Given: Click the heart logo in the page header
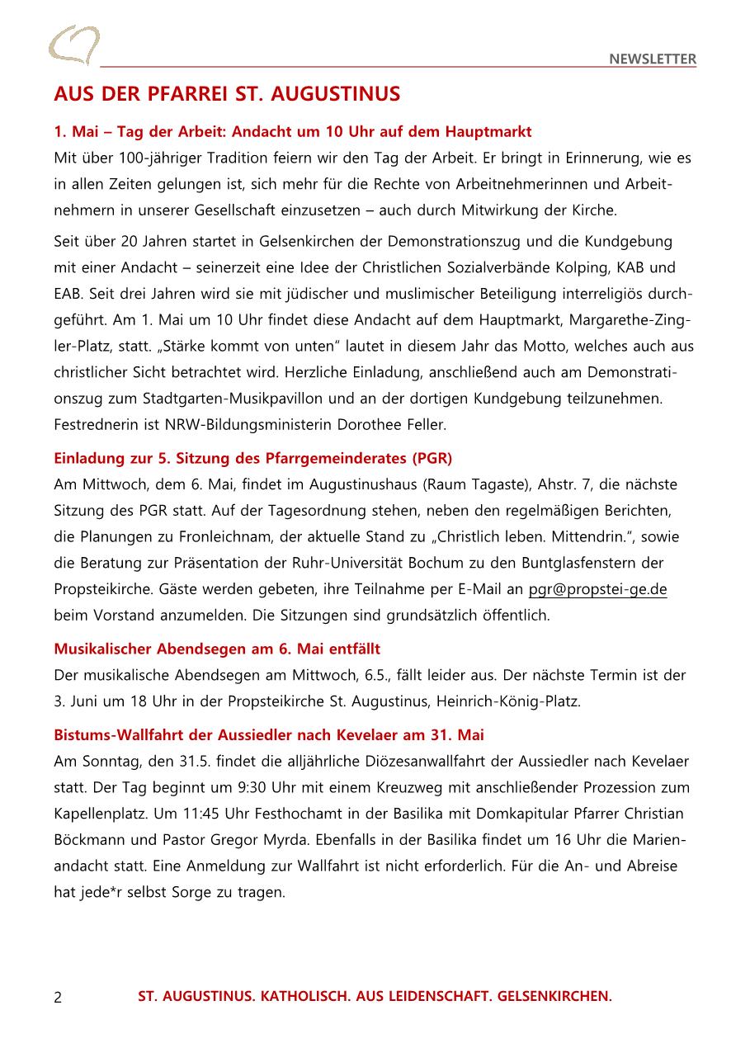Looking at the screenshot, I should pyautogui.click(x=73, y=45).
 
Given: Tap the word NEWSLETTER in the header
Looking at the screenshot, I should pyautogui.click(x=653, y=59).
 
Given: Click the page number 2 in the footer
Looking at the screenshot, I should pyautogui.click(x=58, y=997).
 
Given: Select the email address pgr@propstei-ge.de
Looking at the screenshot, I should pyautogui.click(x=597, y=589).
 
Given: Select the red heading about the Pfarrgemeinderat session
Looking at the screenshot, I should pyautogui.click(x=252, y=458).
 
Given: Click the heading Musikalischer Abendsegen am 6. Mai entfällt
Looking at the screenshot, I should pyautogui.click(x=217, y=649).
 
